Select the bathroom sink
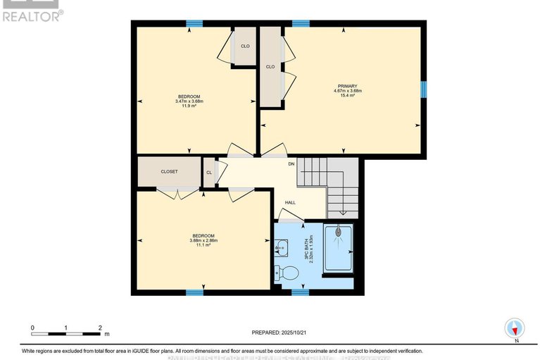pyautogui.click(x=281, y=247)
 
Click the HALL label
pyautogui.click(x=290, y=202)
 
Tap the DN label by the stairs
pyautogui.click(x=291, y=164)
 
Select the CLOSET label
pyautogui.click(x=169, y=171)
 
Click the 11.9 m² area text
pyautogui.click(x=189, y=106)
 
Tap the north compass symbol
pyautogui.click(x=515, y=328)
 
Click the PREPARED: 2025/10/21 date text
pyautogui.click(x=280, y=332)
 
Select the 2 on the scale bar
pyautogui.click(x=99, y=328)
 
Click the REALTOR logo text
pyautogui.click(x=32, y=15)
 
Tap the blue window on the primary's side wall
pyautogui.click(x=423, y=88)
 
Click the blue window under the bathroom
pyautogui.click(x=301, y=291)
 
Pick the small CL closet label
pyautogui.click(x=209, y=172)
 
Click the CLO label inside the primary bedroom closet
pyautogui.click(x=270, y=67)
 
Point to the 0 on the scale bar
pyautogui.click(x=32, y=328)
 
